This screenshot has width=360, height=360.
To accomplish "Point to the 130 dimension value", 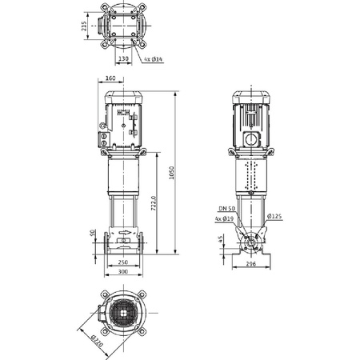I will pos(123,58).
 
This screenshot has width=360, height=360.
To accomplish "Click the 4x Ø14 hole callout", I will pos(154,58).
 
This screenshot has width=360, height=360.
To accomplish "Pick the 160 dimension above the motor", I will pos(110,78).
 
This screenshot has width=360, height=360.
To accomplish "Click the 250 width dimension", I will pos(122,262).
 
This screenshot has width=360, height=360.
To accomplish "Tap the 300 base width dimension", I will pos(122,273).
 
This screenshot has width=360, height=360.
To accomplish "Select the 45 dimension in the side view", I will pos(220,239).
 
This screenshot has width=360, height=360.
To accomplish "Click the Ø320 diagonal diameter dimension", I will pos(95,338).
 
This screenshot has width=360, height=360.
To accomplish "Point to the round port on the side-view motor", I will pos(250,138).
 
